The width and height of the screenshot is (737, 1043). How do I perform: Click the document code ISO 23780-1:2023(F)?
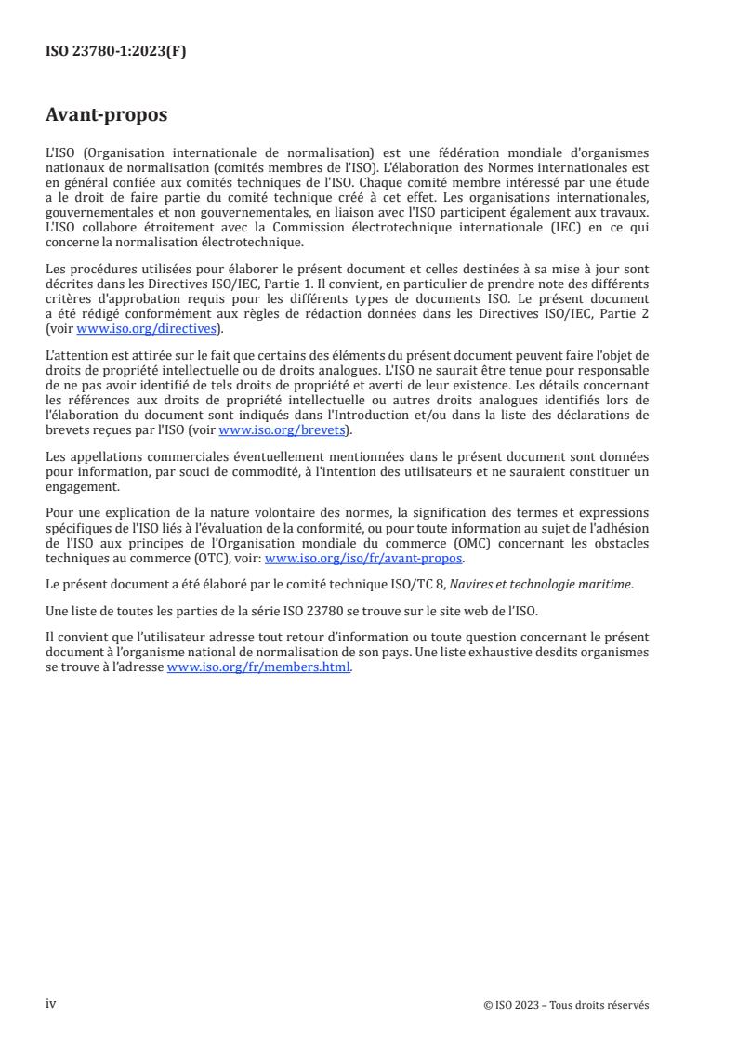click(116, 53)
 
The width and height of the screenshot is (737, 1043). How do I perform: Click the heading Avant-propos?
click(107, 115)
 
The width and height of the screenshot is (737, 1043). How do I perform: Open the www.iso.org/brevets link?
click(280, 430)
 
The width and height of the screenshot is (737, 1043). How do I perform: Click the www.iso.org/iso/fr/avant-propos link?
click(364, 559)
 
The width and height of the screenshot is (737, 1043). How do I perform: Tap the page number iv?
click(51, 1003)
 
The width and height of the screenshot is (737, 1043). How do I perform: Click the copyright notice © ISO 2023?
click(567, 1004)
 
